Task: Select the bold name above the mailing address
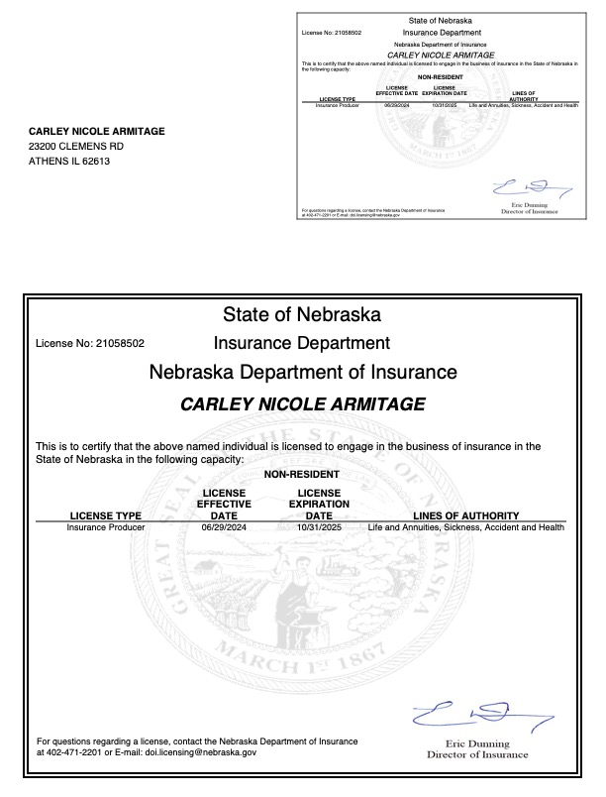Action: pyautogui.click(x=96, y=131)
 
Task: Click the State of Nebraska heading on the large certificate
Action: pyautogui.click(x=302, y=315)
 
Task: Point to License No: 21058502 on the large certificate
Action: pyautogui.click(x=90, y=344)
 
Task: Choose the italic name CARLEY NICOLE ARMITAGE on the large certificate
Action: pyautogui.click(x=303, y=404)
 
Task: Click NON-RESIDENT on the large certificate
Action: pyautogui.click(x=302, y=475)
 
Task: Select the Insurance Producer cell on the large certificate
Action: pyautogui.click(x=106, y=527)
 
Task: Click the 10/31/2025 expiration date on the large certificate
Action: pyautogui.click(x=319, y=527)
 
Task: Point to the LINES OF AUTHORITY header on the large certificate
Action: pyautogui.click(x=466, y=515)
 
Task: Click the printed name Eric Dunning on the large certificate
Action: pyautogui.click(x=477, y=743)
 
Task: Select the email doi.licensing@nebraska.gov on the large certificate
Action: pyautogui.click(x=201, y=752)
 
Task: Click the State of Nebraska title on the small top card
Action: pyautogui.click(x=440, y=21)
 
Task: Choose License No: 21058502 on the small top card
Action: pyautogui.click(x=331, y=33)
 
